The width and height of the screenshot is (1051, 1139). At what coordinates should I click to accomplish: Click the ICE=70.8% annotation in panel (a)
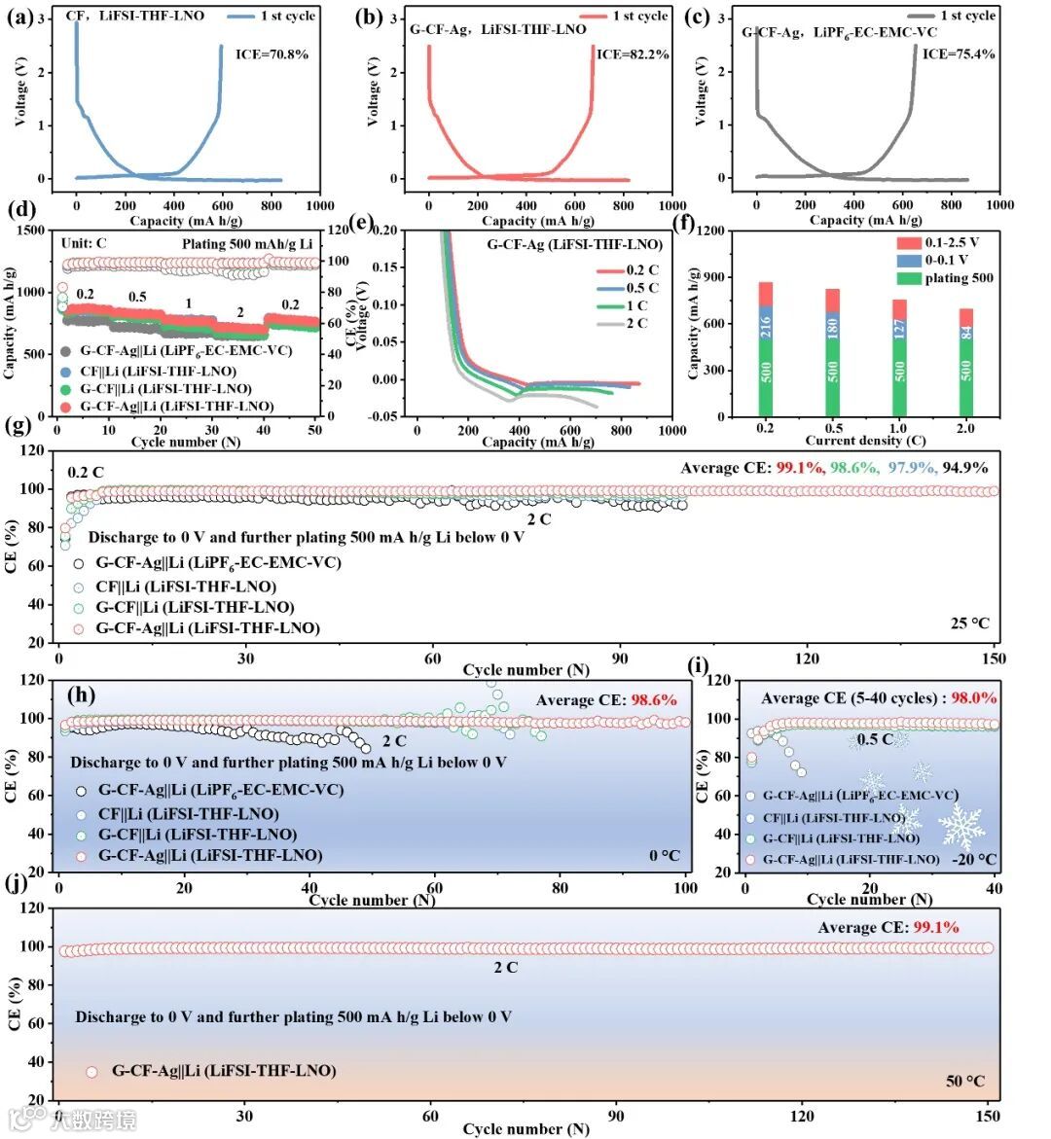click(272, 54)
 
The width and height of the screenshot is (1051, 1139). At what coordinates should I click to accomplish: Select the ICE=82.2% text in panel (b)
click(633, 54)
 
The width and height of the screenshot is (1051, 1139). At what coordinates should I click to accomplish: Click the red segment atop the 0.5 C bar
click(832, 301)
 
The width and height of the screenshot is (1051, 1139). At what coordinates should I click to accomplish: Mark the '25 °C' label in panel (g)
click(969, 623)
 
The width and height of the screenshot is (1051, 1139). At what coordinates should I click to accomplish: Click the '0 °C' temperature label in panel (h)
click(665, 856)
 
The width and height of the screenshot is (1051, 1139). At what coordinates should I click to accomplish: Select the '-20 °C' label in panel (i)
click(975, 859)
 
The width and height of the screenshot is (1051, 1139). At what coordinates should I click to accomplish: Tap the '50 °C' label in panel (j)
click(965, 1081)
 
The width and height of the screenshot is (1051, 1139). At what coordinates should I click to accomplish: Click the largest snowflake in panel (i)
click(961, 826)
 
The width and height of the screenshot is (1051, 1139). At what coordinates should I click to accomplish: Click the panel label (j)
click(16, 887)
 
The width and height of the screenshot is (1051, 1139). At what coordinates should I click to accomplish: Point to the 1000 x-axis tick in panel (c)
click(999, 205)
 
